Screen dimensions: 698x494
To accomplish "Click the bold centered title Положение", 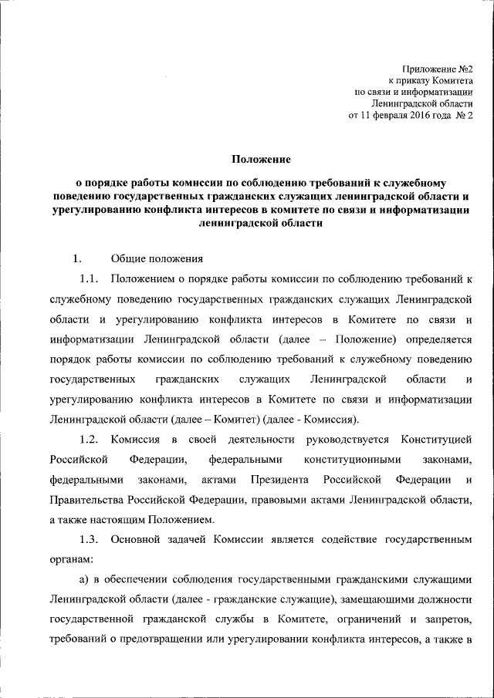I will click(260, 160).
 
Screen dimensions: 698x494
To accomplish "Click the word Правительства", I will click(86, 499).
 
